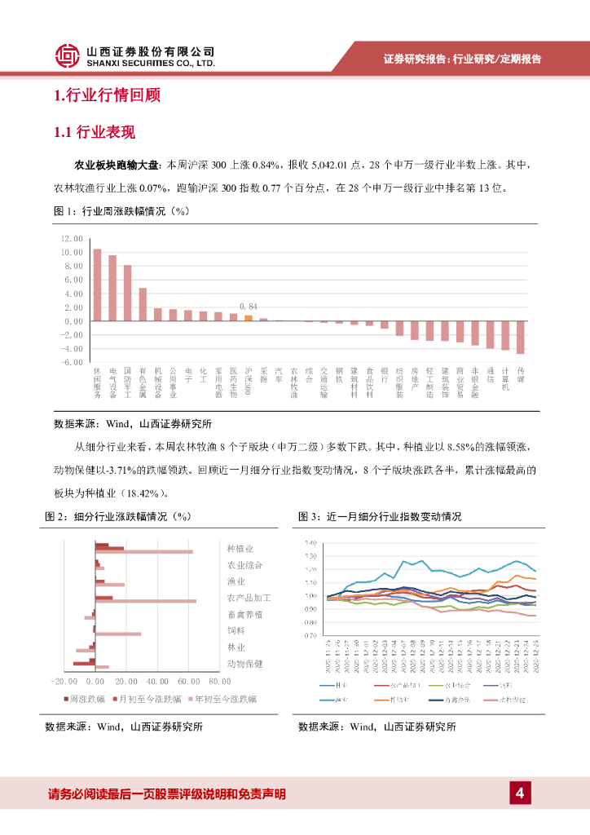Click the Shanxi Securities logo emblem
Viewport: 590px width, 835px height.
[68, 55]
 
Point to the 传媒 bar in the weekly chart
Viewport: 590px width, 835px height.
[521, 337]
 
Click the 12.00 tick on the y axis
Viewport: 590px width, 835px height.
[73, 239]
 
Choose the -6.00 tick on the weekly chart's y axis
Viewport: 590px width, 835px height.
[73, 361]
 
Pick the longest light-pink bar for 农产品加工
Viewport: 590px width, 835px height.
[146, 602]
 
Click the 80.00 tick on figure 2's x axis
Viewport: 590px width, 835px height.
[219, 681]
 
